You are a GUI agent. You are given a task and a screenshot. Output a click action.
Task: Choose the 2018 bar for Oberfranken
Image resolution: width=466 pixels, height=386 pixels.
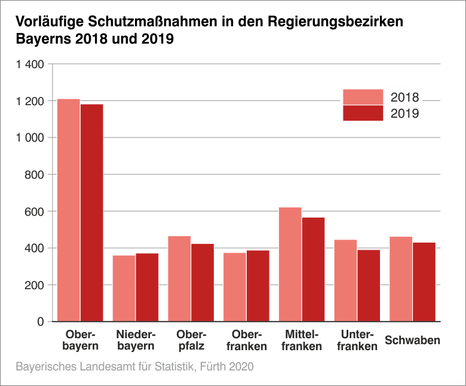235,287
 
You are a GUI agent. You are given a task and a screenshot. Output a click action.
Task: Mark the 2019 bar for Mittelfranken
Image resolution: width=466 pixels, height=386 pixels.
313,269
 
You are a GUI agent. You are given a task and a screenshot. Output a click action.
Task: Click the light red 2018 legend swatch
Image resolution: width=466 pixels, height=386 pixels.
363,97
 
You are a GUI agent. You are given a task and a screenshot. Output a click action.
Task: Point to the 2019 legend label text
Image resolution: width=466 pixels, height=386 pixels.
405,114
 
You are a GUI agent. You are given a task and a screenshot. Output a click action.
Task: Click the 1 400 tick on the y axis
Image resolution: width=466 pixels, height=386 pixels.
30,64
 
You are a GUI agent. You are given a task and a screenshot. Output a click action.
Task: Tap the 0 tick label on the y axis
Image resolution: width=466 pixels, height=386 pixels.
41,321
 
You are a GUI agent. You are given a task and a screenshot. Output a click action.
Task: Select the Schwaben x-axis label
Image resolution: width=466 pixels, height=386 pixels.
413,341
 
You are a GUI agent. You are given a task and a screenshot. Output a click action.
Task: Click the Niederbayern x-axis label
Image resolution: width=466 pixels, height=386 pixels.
136,340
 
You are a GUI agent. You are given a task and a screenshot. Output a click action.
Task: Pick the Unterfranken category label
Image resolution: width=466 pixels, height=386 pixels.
357,340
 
